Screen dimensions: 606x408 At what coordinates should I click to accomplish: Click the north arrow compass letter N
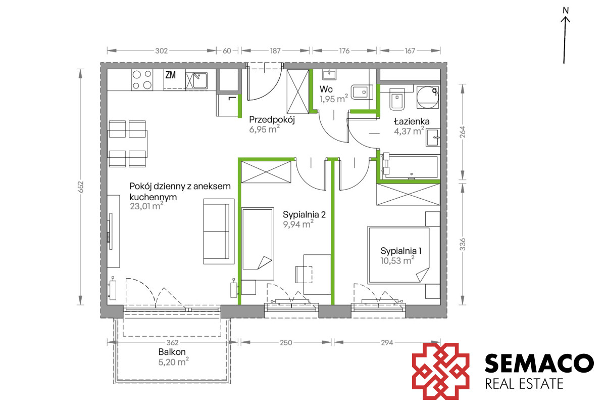566,11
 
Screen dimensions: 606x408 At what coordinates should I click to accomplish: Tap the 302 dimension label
162,51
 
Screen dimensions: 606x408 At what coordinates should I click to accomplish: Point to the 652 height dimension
81,187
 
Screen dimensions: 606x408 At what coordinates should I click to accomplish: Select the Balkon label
172,352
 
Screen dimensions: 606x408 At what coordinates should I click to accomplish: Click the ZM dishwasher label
171,75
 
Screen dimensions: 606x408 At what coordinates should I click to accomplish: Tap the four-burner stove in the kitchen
142,80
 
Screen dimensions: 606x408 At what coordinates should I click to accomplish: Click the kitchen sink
196,80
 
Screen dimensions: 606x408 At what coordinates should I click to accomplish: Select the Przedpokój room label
272,120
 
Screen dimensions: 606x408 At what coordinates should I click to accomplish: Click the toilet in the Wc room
362,92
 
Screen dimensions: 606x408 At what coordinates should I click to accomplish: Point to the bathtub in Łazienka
411,167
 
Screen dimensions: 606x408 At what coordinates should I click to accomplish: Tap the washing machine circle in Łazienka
427,97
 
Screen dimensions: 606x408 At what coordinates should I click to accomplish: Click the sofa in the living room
219,232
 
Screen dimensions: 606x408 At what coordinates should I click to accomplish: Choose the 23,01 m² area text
146,206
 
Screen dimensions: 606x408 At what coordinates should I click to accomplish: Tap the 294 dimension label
387,343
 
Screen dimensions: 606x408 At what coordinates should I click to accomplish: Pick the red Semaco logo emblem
441,371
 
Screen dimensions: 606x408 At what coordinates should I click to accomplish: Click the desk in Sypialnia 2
317,275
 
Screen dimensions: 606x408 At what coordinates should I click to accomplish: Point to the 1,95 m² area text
334,99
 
